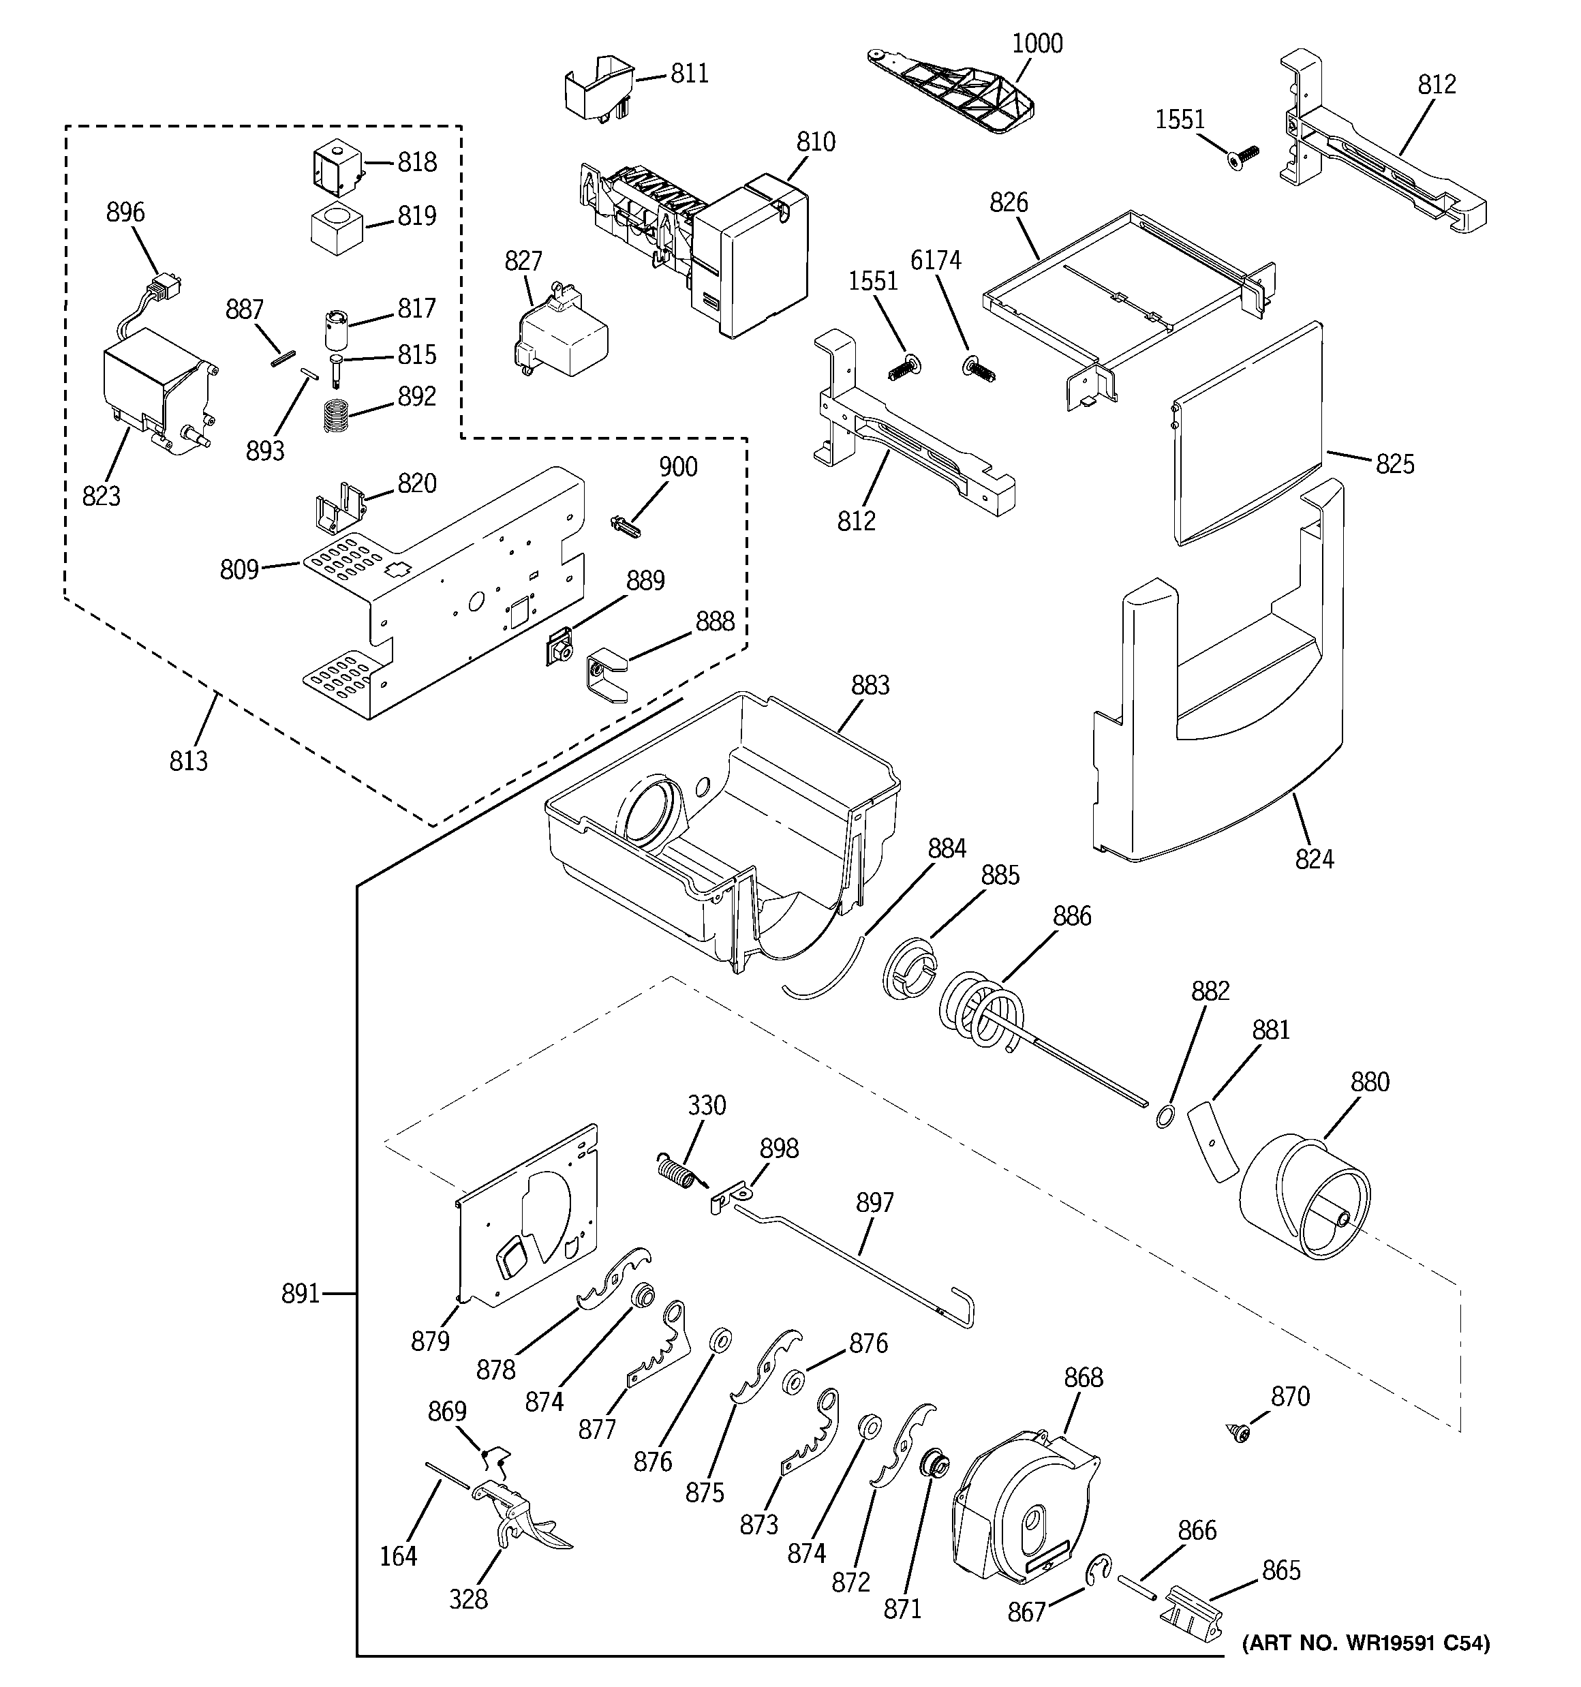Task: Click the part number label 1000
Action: tap(1037, 43)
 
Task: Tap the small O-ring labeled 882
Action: tap(1165, 1115)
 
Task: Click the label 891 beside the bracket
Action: tap(301, 1294)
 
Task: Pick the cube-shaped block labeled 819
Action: tap(337, 228)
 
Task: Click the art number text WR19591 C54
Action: tap(1366, 1644)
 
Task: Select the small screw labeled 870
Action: tap(1239, 1433)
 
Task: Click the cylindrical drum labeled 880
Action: tap(1305, 1200)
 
